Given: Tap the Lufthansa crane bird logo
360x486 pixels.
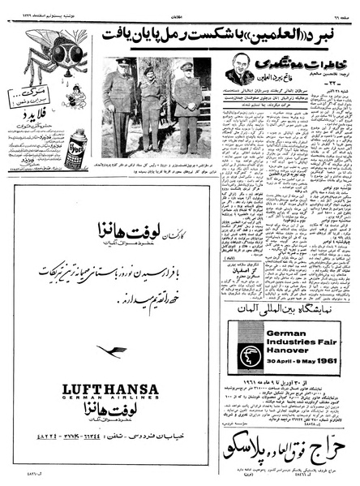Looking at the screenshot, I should pyautogui.click(x=111, y=351).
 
